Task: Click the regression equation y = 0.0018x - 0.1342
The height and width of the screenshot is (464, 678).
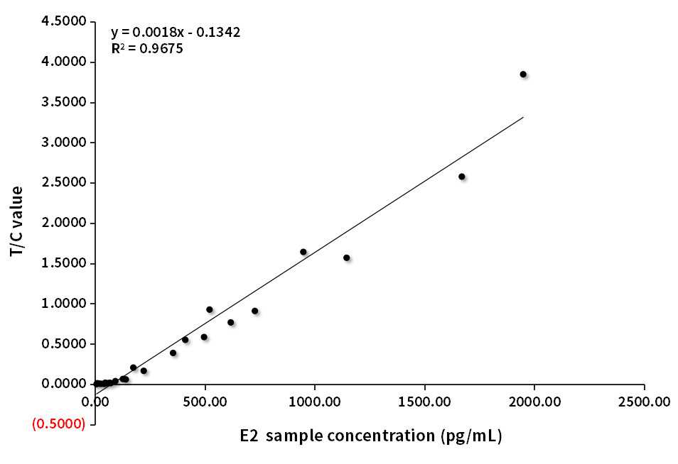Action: click(176, 32)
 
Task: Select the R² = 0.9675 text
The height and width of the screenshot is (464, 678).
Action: click(147, 48)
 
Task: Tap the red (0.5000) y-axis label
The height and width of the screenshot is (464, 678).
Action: click(59, 424)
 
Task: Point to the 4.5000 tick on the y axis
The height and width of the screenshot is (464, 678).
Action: click(65, 22)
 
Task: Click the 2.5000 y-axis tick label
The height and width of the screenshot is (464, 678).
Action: click(65, 183)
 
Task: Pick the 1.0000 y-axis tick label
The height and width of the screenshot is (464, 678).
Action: click(65, 304)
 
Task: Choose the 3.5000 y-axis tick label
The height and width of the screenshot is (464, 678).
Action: click(65, 103)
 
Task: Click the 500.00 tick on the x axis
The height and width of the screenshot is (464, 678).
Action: click(205, 402)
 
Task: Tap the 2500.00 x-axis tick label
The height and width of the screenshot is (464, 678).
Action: click(644, 402)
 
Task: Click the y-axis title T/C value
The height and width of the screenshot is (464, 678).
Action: click(16, 221)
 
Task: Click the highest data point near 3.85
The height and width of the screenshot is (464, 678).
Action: click(523, 74)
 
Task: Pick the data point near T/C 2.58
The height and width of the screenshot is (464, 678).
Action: click(461, 176)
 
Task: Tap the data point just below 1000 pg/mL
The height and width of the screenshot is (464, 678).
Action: click(303, 252)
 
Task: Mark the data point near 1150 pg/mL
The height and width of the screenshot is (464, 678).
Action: click(346, 258)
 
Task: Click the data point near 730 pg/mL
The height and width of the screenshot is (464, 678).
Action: click(254, 311)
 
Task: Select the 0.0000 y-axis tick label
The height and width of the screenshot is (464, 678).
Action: click(65, 384)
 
